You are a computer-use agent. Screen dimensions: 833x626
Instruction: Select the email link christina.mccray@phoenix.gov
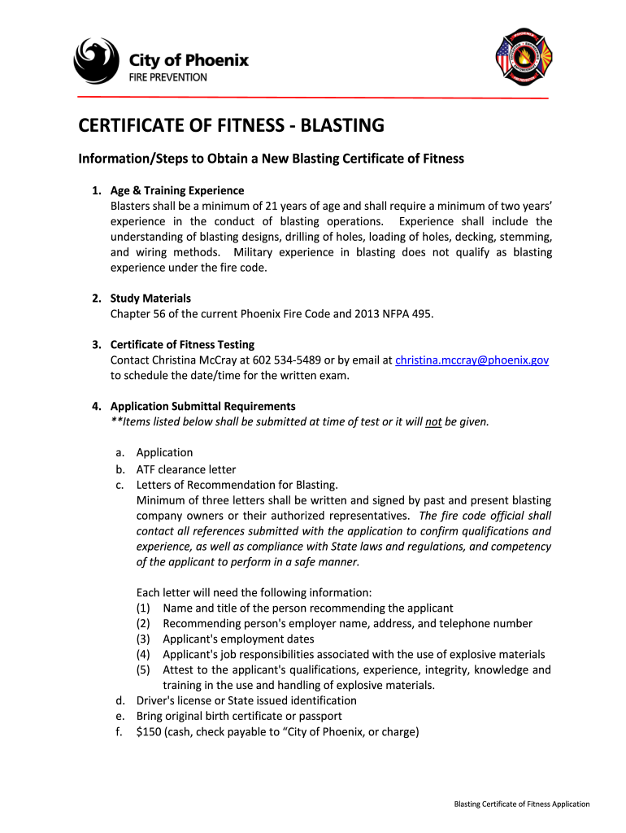pyautogui.click(x=472, y=360)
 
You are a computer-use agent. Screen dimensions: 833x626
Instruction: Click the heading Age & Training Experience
pyautogui.click(x=177, y=190)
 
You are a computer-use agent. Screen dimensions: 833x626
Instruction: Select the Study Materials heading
pyautogui.click(x=150, y=298)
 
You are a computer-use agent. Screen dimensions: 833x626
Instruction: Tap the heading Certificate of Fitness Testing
pyautogui.click(x=182, y=344)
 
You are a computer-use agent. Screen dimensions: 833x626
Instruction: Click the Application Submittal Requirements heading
pyautogui.click(x=203, y=406)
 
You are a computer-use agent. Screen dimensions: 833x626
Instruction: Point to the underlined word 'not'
pyautogui.click(x=433, y=421)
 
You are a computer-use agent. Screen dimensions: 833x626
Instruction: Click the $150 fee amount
pyautogui.click(x=148, y=731)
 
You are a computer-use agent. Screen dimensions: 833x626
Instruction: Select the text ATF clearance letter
pyautogui.click(x=186, y=469)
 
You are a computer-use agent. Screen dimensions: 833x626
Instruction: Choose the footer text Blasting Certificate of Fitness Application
pyautogui.click(x=521, y=805)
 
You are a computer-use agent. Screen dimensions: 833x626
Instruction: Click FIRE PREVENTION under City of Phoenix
pyautogui.click(x=168, y=77)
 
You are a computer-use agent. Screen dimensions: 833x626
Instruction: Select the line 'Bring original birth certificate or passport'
pyautogui.click(x=239, y=716)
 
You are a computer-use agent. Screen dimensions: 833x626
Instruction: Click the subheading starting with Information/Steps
pyautogui.click(x=271, y=159)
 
